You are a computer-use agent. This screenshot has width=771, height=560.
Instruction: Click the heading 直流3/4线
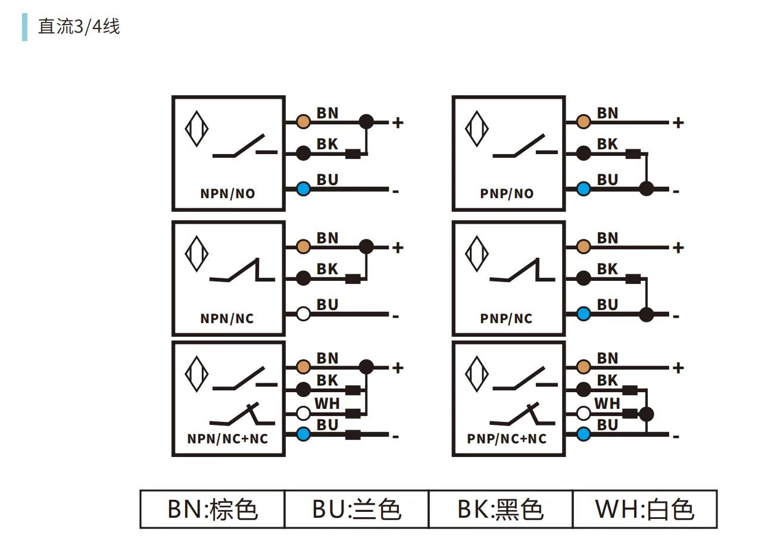click(x=79, y=27)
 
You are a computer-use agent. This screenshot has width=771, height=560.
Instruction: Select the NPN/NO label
click(x=227, y=193)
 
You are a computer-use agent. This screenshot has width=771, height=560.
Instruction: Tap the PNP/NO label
click(x=507, y=193)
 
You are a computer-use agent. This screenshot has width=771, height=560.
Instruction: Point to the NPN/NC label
click(x=227, y=318)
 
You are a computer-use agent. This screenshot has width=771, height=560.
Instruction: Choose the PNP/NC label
click(x=506, y=318)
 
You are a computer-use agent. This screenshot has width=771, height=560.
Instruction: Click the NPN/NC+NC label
click(x=227, y=439)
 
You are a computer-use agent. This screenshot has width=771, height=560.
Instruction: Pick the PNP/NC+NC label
click(x=507, y=439)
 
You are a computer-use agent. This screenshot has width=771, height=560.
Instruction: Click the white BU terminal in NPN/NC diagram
click(x=303, y=314)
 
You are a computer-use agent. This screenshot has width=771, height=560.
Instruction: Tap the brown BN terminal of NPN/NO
click(x=303, y=122)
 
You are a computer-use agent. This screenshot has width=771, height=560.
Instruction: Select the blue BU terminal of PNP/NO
click(x=583, y=189)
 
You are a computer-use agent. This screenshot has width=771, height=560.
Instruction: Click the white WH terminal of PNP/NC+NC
click(x=583, y=413)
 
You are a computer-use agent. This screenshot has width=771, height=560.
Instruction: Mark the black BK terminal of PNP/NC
click(x=583, y=278)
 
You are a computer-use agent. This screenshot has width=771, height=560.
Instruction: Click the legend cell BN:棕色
click(x=213, y=509)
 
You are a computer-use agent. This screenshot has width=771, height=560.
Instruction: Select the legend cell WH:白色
click(x=645, y=509)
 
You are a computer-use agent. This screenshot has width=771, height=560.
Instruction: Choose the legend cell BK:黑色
click(x=501, y=509)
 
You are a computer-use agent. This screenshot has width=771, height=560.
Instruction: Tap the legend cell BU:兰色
click(x=357, y=509)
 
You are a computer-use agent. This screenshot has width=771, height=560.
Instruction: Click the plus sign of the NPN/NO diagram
click(x=398, y=123)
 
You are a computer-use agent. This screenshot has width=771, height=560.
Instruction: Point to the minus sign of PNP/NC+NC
click(x=676, y=437)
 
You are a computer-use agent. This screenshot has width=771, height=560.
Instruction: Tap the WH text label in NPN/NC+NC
click(x=327, y=403)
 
